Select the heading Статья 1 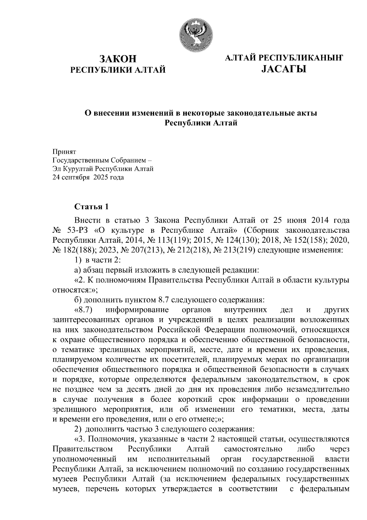pyautogui.click(x=91, y=207)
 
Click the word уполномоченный pyautogui.click(x=84, y=459)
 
